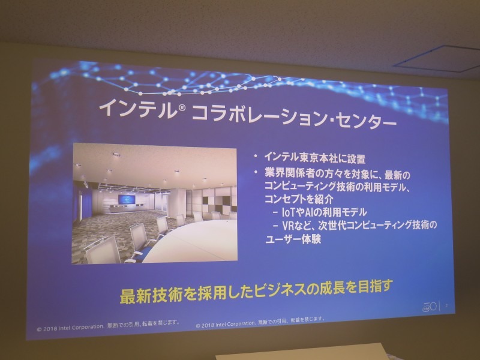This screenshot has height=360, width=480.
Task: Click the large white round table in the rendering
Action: (204, 240)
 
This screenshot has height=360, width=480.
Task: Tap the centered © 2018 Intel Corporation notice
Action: (262, 322)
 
